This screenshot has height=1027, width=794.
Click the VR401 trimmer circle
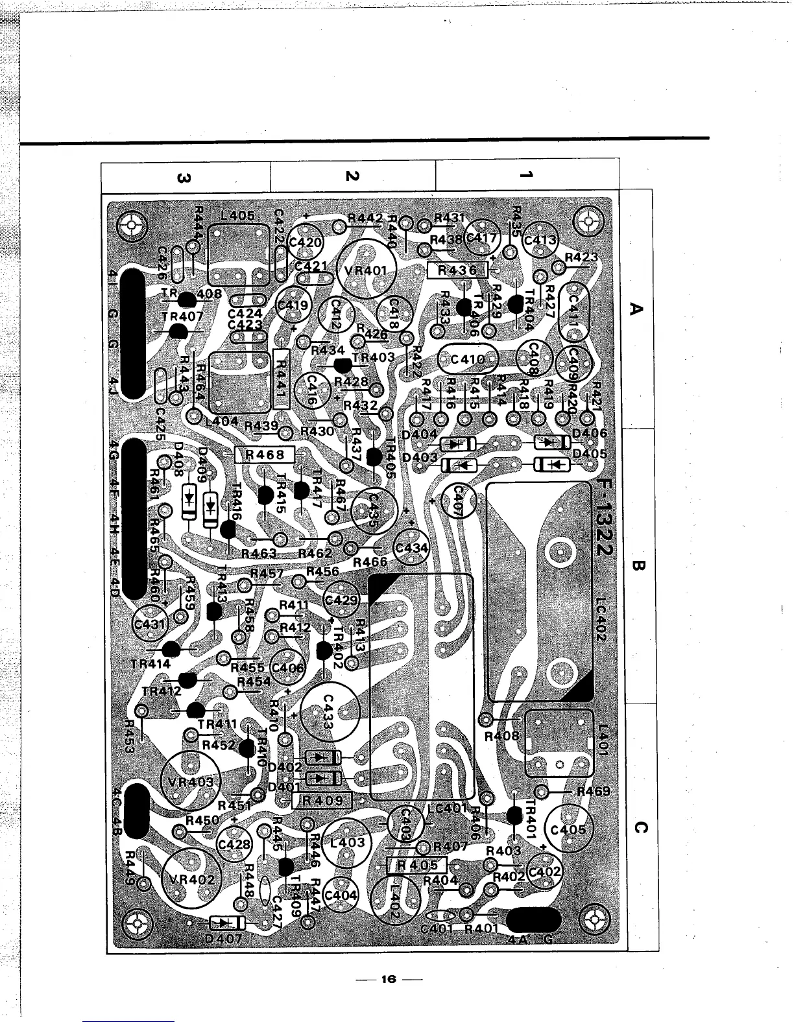368,270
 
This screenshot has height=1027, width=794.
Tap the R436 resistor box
457,270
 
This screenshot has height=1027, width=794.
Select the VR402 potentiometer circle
193,880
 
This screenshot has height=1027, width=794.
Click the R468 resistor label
265,454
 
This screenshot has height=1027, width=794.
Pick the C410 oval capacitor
468,359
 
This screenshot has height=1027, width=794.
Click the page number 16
389,979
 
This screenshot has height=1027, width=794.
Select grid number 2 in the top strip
352,176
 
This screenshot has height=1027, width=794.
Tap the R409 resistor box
322,800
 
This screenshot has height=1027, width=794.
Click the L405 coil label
237,215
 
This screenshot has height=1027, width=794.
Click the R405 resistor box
417,865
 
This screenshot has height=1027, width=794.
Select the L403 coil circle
348,843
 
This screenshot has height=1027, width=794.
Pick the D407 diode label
223,938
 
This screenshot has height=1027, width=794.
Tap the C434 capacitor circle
412,549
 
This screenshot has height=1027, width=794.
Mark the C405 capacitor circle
568,831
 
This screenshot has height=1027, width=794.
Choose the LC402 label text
600,619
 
